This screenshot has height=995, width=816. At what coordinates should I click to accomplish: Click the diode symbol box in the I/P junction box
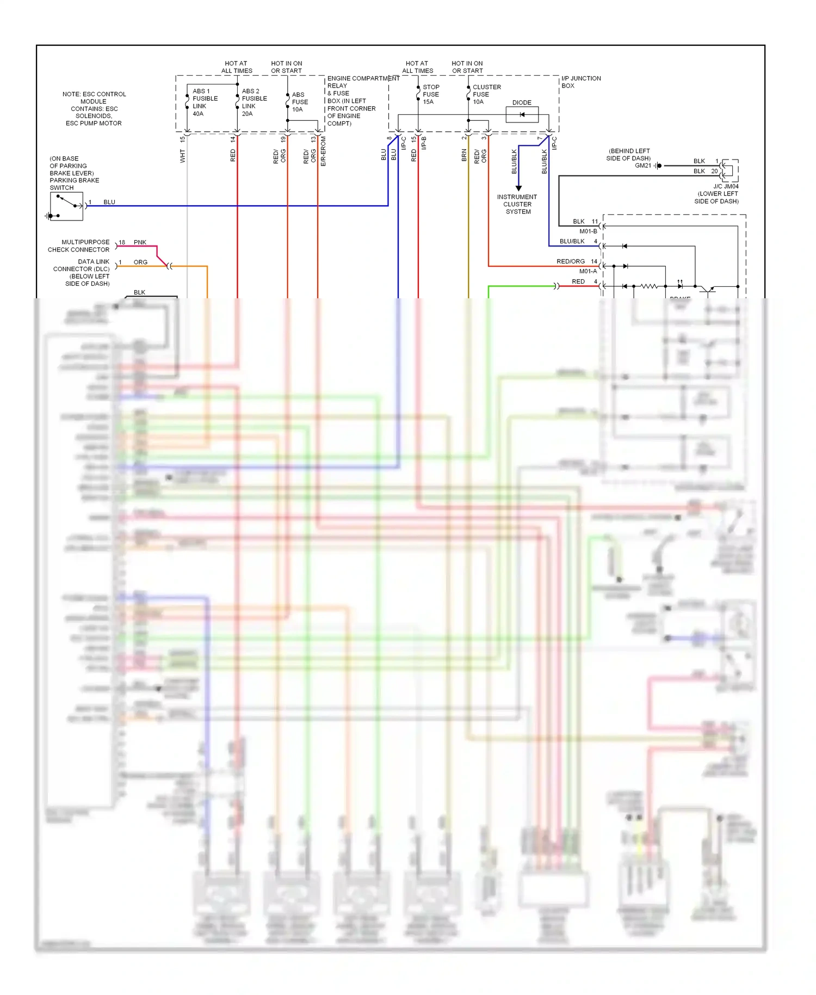coord(522,114)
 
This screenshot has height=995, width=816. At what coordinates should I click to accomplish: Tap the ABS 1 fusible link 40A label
coord(205,102)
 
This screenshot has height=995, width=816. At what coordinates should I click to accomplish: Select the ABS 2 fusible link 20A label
coord(254,102)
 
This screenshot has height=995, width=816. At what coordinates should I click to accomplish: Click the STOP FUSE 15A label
coord(430,94)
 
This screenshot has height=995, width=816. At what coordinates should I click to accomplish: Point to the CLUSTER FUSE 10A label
coord(486,94)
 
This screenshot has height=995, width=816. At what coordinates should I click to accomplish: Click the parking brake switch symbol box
coord(66,206)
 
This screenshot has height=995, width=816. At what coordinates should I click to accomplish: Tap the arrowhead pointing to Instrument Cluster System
coord(518,188)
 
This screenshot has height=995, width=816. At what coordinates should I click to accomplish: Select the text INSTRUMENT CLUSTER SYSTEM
coord(517,204)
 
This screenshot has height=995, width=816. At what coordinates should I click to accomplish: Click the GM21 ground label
coord(642,165)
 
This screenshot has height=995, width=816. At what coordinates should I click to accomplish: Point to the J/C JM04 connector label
coord(726,186)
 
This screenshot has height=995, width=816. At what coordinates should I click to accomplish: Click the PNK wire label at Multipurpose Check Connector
coord(140,242)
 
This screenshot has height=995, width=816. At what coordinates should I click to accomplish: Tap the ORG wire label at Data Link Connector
coord(140,262)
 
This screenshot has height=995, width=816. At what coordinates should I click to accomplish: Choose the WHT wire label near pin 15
coord(183,156)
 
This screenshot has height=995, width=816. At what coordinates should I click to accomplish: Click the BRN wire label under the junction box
coord(464,156)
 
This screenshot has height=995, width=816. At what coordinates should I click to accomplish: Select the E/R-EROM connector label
coord(323,151)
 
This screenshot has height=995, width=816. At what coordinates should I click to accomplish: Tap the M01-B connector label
coord(588,231)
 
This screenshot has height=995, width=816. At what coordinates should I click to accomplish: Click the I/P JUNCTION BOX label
coord(580,82)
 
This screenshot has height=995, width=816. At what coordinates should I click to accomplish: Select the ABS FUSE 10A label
coord(300,102)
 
